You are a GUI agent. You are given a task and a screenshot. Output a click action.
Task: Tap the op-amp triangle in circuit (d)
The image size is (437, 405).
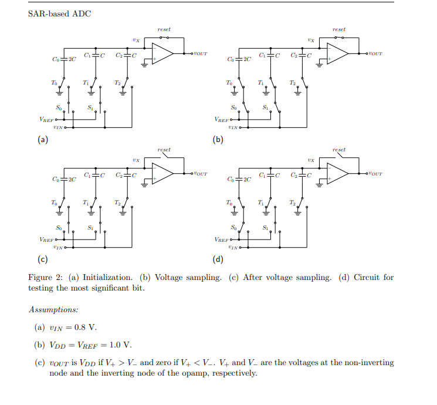337,174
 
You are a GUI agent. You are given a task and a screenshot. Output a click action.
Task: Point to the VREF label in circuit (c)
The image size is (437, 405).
46,239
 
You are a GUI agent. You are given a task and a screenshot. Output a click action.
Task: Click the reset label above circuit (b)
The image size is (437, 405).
339,29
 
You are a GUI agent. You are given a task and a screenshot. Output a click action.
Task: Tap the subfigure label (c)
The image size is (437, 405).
42,260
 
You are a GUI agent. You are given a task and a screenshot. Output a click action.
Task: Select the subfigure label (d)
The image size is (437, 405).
218,260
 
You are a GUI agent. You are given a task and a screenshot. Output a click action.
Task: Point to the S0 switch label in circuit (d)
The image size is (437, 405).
233,227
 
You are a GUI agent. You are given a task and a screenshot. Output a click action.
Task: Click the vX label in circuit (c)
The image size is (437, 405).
135,160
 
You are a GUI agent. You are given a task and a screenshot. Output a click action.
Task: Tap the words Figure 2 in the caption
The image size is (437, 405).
46,278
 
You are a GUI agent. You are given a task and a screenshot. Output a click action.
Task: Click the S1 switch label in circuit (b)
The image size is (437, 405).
266,107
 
